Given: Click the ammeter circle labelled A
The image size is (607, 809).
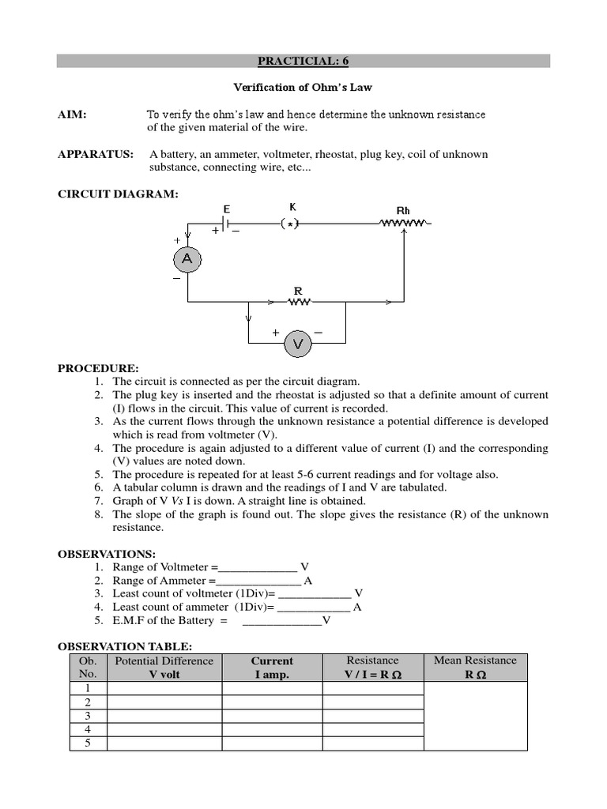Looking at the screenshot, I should click(x=187, y=258).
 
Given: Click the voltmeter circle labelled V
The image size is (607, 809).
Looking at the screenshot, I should click(x=298, y=344).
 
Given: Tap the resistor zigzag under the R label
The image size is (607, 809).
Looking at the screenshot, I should click(x=300, y=301).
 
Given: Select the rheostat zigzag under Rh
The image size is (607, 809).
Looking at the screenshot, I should click(x=404, y=224).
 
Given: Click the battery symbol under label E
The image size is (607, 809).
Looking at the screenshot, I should click(x=226, y=224).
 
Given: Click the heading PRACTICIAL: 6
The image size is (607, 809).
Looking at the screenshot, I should click(x=303, y=61).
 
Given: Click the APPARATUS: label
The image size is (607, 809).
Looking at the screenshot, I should click(x=96, y=154).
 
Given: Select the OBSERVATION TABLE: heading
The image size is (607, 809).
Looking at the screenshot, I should click(x=125, y=646).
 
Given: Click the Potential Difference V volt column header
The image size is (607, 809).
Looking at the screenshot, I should click(x=164, y=668).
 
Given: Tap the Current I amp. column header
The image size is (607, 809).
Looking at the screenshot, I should click(x=272, y=668).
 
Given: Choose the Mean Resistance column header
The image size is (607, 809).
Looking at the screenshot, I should click(x=475, y=668).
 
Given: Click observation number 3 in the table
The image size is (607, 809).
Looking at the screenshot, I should click(x=88, y=716).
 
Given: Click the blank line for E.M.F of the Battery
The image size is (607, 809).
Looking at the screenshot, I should click(x=281, y=622).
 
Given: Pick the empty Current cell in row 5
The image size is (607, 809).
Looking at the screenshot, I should click(x=272, y=743).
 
